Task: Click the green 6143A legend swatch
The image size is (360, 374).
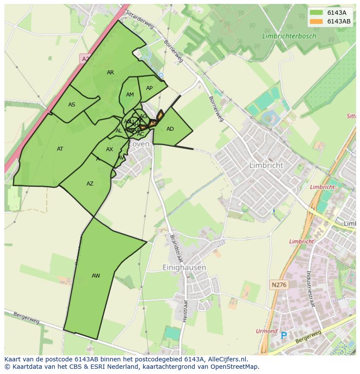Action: pos(317,13)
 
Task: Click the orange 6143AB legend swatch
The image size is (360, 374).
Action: pos(317,21)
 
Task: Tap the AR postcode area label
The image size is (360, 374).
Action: pos(110,73)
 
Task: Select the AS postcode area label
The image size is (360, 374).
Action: pos(72,105)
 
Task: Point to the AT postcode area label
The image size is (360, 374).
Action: pos(60,149)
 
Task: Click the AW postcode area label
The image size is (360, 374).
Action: pos(96,276)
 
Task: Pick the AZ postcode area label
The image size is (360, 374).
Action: pos(90,184)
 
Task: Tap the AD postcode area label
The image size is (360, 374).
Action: pos(170,129)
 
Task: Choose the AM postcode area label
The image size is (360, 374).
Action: pos(130,95)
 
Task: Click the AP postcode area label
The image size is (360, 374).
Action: pos(149,88)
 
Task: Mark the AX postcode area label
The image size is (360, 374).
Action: pos(110,149)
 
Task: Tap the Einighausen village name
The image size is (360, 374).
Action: pos(184,268)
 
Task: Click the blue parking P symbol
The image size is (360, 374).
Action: pos(284,335)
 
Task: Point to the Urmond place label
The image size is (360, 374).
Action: pos(267,331)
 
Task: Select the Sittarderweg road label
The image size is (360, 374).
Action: pos(140,20)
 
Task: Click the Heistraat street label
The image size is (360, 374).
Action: pos(185,311)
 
